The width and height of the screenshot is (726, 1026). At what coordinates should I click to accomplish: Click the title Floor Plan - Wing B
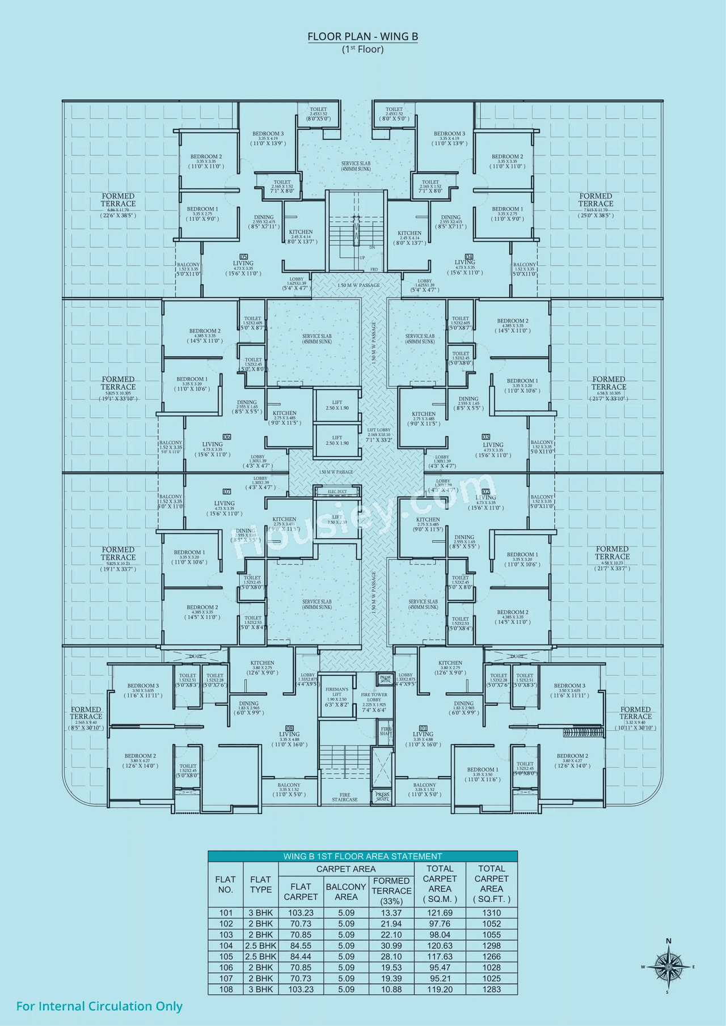362,36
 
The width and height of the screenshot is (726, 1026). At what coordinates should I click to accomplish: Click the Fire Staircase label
345,797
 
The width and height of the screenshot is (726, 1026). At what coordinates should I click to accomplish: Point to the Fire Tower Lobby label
374,697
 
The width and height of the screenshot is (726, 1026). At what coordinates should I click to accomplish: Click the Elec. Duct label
337,491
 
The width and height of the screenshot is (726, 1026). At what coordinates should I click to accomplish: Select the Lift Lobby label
379,430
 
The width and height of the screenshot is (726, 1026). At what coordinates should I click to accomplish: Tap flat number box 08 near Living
289,728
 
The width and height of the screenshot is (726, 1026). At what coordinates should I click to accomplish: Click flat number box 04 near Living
469,256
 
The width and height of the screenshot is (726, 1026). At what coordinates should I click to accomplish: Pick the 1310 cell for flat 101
491,913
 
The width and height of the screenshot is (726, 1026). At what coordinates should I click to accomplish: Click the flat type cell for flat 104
260,946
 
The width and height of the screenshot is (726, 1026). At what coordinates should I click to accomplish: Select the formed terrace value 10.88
391,989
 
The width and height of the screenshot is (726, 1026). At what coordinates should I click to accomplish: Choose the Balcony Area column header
346,891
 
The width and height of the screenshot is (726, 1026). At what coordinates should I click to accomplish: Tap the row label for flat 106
226,968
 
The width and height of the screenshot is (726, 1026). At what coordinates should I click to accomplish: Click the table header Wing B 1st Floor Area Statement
362,856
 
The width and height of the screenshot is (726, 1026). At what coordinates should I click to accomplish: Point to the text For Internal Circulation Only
99,1006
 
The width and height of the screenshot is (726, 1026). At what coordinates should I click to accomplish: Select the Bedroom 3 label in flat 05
268,134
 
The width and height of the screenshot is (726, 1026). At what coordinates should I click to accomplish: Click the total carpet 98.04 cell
440,935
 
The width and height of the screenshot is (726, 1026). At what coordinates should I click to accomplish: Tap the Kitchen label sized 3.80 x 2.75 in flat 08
262,663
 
